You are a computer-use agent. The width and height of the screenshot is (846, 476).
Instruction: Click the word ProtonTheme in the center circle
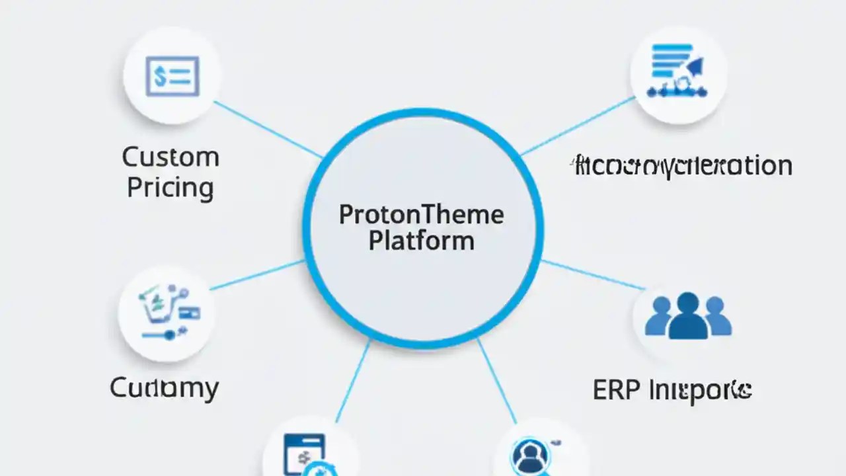(421, 215)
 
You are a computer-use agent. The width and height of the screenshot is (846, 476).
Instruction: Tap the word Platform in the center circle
(421, 240)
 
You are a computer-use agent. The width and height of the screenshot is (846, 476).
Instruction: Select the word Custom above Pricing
(171, 157)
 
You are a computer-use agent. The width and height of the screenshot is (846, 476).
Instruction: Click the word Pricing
(171, 188)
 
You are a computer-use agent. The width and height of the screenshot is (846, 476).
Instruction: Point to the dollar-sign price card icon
(172, 76)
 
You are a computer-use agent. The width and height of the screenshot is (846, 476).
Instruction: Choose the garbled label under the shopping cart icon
(164, 387)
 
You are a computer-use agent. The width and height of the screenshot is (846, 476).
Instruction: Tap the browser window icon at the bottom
(304, 453)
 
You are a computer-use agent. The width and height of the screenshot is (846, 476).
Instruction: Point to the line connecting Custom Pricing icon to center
(268, 130)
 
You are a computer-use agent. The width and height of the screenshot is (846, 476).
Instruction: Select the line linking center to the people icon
(592, 275)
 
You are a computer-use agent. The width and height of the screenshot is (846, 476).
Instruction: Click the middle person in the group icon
(687, 316)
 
